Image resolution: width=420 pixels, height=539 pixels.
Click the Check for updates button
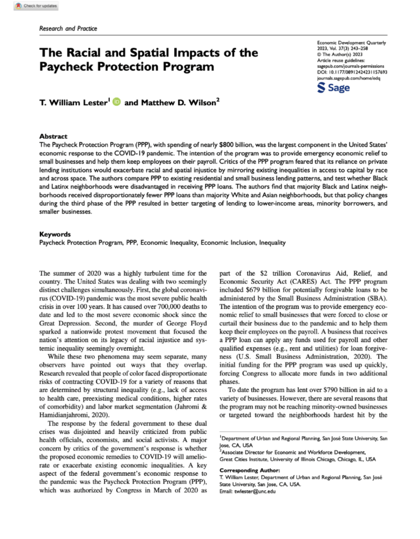(36, 6)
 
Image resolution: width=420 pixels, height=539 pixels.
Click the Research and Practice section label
(68, 29)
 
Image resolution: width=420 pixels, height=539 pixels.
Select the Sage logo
(334, 88)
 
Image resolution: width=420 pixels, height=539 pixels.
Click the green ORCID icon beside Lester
(117, 102)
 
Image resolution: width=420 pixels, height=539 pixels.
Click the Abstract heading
(53, 136)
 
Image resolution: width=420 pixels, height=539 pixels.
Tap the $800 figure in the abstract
(226, 145)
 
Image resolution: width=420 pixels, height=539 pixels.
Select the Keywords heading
(55, 234)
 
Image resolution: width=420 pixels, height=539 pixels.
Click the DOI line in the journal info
(352, 72)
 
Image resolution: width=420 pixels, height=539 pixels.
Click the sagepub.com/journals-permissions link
(350, 66)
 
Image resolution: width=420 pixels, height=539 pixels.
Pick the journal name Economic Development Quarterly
(351, 43)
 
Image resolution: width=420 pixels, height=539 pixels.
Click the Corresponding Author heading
(249, 470)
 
